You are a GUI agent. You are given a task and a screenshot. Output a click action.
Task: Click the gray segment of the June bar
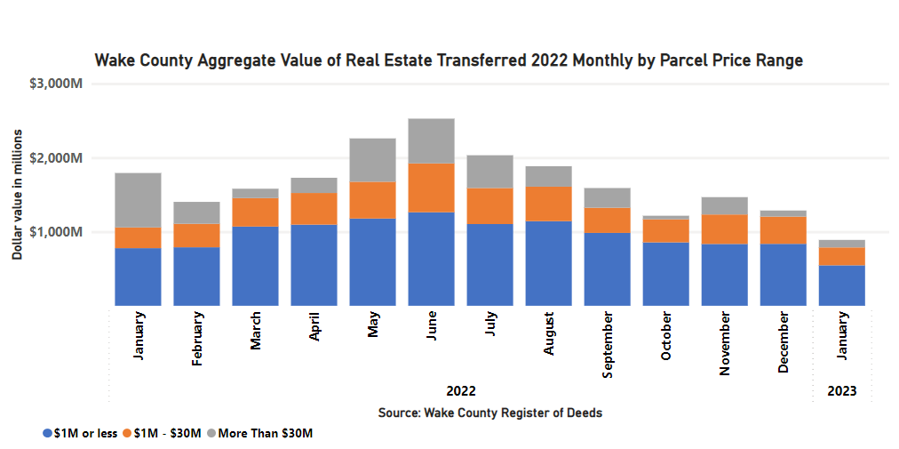[430, 140]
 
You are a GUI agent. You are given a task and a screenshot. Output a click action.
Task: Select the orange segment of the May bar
[372, 200]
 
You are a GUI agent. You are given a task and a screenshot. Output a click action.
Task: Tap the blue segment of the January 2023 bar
[840, 285]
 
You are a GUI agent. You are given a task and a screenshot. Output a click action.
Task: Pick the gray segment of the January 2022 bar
[138, 200]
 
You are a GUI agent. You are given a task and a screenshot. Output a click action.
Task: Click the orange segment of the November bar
[724, 229]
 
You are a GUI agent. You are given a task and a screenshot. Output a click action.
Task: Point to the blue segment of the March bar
[255, 266]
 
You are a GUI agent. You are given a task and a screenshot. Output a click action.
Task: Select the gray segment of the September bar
[607, 197]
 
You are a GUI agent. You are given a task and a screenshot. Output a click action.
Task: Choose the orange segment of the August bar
[548, 204]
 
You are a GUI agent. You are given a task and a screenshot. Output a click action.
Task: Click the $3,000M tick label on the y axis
[56, 84]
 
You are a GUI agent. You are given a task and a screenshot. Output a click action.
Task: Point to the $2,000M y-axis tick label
[56, 158]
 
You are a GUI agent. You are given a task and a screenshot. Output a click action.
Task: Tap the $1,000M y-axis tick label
[56, 232]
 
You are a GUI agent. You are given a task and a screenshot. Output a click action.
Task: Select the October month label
[666, 336]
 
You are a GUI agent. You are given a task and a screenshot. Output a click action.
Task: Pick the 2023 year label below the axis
[842, 391]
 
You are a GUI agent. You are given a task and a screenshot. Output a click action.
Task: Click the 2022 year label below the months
[460, 391]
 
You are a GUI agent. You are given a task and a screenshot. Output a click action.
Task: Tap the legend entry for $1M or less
[80, 433]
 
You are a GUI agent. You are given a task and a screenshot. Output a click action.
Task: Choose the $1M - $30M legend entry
[165, 433]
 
